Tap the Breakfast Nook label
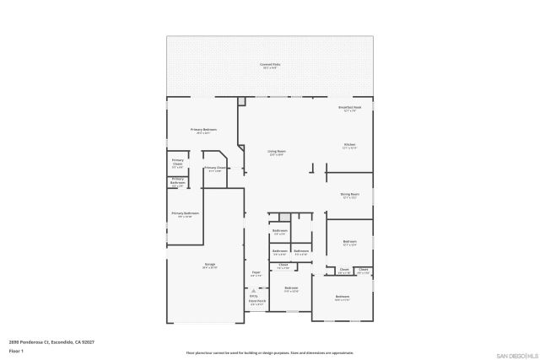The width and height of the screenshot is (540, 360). click(350, 108)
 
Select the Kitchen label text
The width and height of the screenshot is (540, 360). click(349, 146)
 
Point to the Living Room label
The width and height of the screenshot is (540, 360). click(276, 152)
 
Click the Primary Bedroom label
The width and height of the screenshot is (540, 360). click(206, 130)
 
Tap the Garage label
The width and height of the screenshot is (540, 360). click(209, 266)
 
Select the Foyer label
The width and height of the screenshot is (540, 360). click(256, 272)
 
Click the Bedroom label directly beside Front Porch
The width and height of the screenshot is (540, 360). click(291, 289)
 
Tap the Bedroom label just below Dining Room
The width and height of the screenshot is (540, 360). click(349, 243)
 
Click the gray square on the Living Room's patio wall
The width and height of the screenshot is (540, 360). click(242, 101)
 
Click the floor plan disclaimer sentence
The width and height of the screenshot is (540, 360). click(270, 352)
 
